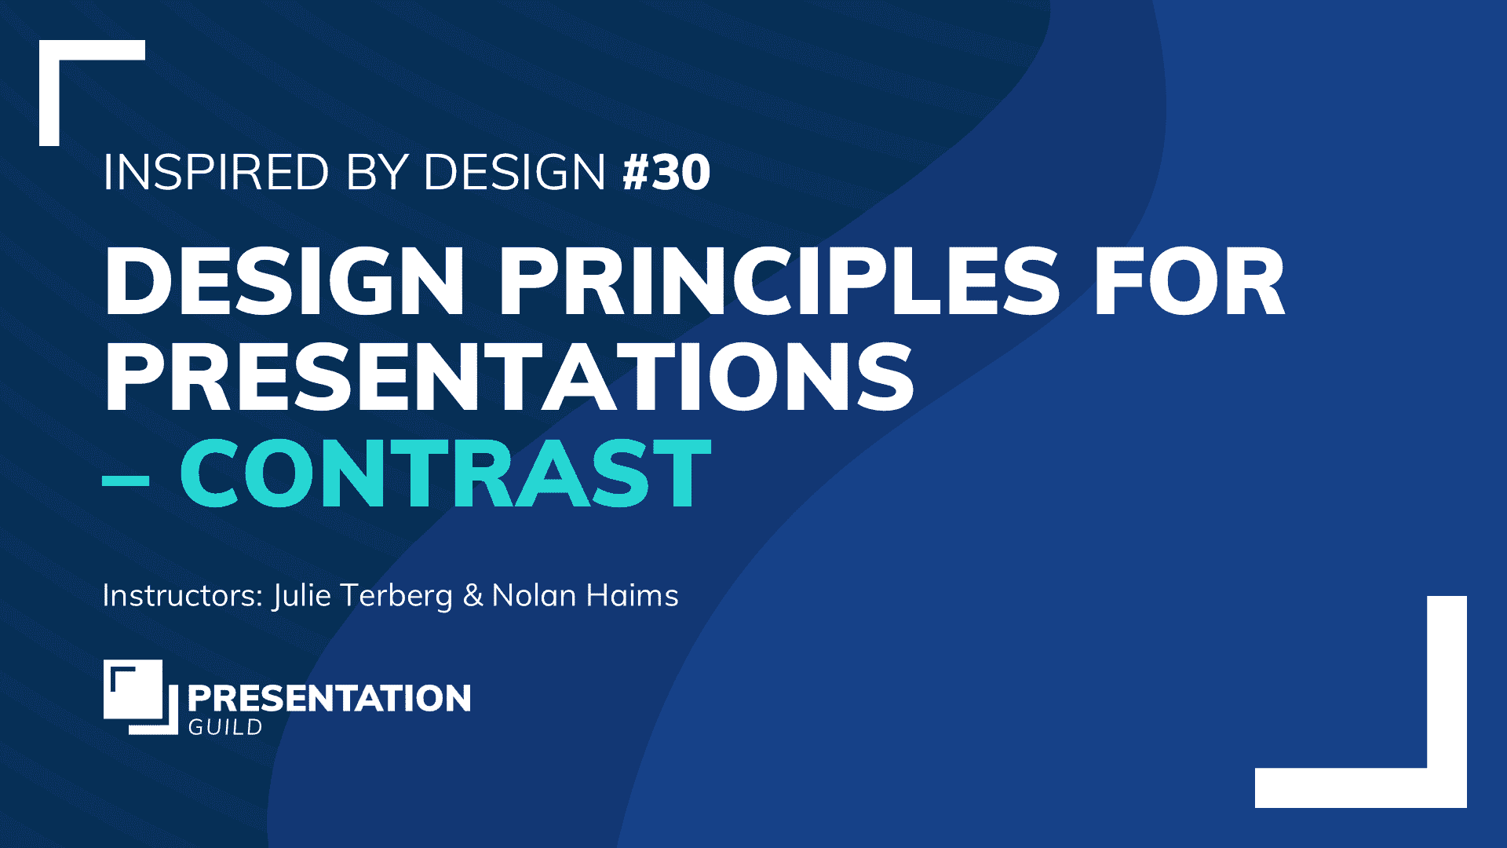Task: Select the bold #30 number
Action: pos(666,172)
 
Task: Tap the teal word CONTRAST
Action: pos(445,473)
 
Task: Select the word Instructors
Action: pos(182,595)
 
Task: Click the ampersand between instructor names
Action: pos(473,596)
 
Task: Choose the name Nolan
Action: pos(534,595)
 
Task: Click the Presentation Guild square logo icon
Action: pos(140,696)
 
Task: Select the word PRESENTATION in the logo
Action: pos(329,698)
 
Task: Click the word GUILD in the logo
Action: pos(225,728)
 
